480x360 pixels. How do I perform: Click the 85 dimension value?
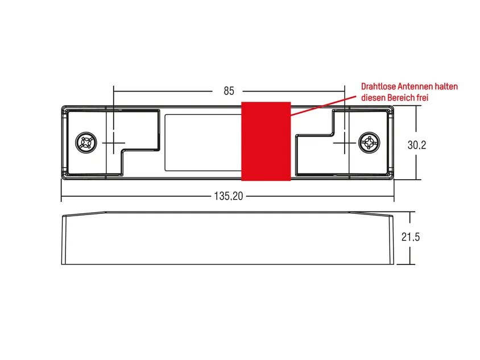coord(229,91)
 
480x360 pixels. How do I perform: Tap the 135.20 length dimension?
coord(229,196)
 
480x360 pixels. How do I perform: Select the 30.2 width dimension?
coord(417,145)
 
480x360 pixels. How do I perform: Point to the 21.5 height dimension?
coord(411,237)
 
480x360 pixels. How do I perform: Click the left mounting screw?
coord(86,143)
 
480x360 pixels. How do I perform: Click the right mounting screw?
coord(369,143)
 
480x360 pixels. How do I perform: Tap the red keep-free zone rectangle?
coord(266,141)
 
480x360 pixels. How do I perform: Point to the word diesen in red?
coord(373,98)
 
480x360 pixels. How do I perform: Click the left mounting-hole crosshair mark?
coord(114,143)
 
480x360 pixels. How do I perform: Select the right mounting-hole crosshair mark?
coord(345,143)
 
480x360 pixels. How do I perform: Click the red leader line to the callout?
coord(324,106)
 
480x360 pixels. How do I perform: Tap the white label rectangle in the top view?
coord(203,143)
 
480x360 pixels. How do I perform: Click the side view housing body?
coord(227,238)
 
